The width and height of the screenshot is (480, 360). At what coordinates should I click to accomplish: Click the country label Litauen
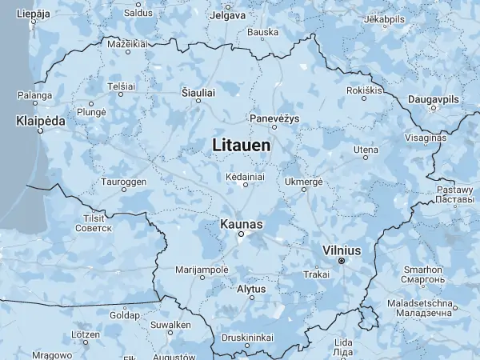point(241,146)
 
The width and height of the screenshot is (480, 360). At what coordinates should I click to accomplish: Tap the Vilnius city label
point(341,250)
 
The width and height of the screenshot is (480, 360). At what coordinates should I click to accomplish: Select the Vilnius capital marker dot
point(341,261)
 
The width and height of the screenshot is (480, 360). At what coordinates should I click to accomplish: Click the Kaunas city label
point(240,225)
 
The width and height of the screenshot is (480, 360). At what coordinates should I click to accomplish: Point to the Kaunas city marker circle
point(240,235)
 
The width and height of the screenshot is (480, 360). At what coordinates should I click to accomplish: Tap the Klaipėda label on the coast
point(40,121)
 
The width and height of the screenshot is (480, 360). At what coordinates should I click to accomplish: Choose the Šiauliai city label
point(198,94)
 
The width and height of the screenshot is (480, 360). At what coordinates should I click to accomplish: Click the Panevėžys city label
point(274,117)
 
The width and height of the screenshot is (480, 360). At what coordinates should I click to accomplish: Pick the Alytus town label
point(252,288)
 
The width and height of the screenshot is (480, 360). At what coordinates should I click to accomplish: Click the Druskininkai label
point(247,337)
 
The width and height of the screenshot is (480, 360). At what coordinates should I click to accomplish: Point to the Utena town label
point(366,150)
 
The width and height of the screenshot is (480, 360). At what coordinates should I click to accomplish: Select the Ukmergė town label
point(303,182)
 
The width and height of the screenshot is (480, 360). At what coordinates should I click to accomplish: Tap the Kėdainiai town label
point(246,174)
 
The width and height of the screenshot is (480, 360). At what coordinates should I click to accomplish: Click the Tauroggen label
point(123,182)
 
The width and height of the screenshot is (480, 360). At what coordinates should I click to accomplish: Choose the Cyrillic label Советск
point(94,228)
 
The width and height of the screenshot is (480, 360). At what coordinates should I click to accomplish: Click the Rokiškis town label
point(365,90)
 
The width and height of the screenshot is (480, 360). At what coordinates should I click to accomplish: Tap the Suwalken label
point(170,326)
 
